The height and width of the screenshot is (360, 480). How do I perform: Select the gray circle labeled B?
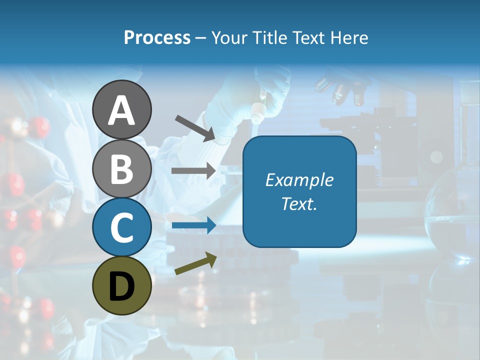[x=122, y=169]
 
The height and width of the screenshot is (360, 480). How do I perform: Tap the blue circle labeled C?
[x=122, y=227]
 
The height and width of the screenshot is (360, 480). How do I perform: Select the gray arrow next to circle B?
[x=193, y=170]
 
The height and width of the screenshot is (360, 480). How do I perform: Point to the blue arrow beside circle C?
[x=194, y=225]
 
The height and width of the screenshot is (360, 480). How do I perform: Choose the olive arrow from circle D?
[x=195, y=263]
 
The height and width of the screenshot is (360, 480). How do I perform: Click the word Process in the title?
[x=157, y=38]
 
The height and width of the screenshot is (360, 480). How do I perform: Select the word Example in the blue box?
[x=299, y=180]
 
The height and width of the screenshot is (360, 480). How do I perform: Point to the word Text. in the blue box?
[x=299, y=203]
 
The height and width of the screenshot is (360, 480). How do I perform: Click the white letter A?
[x=122, y=111]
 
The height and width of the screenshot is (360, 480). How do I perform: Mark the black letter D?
[x=122, y=286]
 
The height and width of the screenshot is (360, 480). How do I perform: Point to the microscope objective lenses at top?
[x=340, y=90]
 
